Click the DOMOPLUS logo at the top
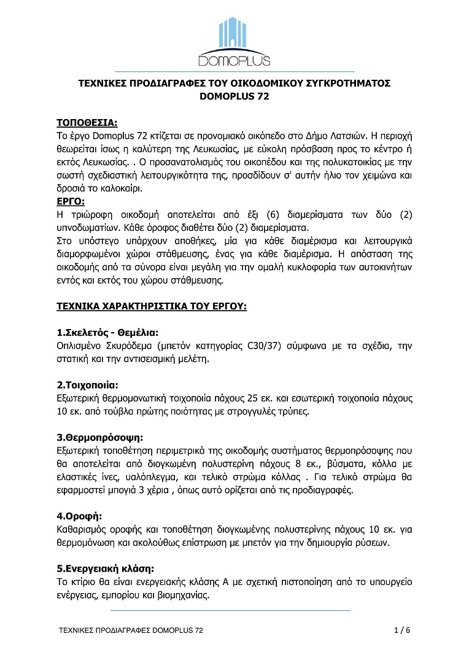(x=234, y=41)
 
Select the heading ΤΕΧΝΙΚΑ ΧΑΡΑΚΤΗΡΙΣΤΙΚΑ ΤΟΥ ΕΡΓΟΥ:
(x=152, y=305)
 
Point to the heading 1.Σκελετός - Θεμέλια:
(x=99, y=332)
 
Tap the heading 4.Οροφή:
(x=79, y=516)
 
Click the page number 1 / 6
(x=401, y=630)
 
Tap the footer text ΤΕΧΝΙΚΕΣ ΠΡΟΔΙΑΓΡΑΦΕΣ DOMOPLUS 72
(x=130, y=630)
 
